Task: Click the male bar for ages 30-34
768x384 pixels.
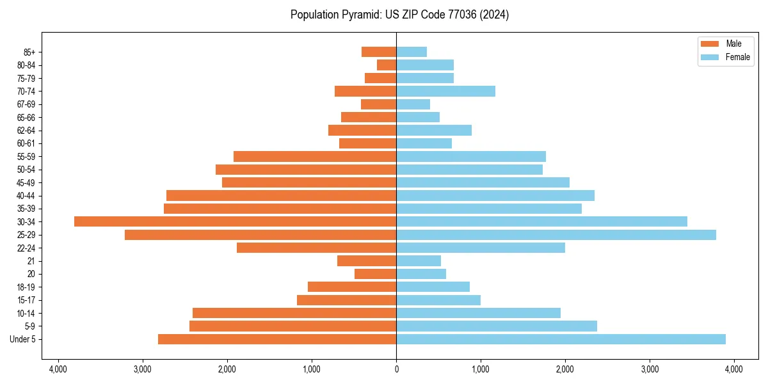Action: click(235, 221)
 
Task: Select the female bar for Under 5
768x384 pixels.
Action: click(561, 339)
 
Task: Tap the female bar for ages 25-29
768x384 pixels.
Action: click(556, 235)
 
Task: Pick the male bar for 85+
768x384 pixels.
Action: click(379, 52)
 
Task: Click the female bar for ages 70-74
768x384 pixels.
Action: click(445, 91)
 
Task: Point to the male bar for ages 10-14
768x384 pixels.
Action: click(294, 313)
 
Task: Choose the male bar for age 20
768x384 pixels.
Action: click(375, 274)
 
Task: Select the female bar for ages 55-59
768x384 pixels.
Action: click(471, 156)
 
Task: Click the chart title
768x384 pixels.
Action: click(399, 15)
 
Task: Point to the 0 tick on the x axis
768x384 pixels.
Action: click(396, 369)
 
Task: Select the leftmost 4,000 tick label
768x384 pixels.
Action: click(58, 369)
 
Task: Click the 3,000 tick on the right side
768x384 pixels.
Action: click(650, 369)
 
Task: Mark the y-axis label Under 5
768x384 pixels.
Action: click(23, 339)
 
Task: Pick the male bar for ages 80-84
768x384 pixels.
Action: click(387, 65)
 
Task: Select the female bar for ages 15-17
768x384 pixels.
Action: click(438, 300)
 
